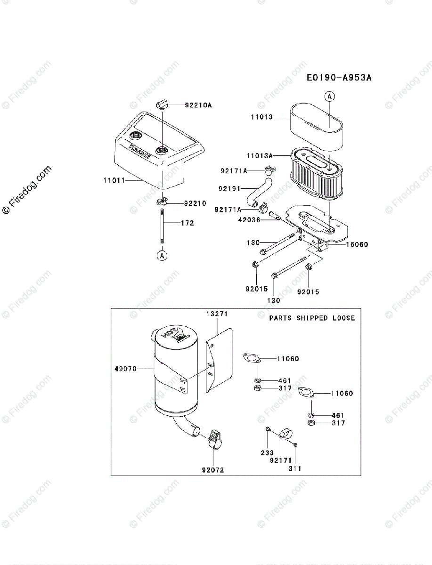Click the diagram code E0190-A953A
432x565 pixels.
338,78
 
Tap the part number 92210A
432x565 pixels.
198,105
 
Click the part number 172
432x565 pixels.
187,223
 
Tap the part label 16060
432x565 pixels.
357,244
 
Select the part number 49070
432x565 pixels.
125,369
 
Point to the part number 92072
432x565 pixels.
213,469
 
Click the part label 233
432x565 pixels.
267,452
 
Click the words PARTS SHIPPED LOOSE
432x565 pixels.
312,318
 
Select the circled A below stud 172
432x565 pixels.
162,256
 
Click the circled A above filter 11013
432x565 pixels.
330,97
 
